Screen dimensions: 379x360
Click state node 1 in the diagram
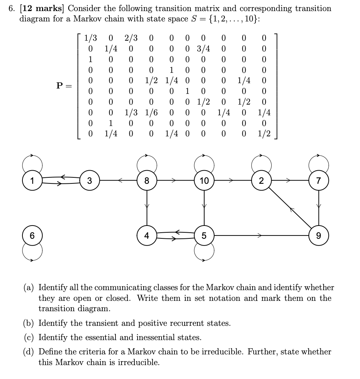[32, 181]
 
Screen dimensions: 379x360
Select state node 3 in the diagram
[89, 181]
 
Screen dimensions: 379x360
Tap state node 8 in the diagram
[147, 181]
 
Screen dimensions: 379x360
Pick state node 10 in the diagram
[204, 181]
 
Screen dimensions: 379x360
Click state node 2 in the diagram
[261, 181]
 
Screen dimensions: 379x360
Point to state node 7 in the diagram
[319, 181]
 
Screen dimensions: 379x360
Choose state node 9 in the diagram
[319, 236]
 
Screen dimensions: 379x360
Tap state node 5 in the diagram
[204, 236]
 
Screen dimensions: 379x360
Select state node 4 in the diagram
[147, 236]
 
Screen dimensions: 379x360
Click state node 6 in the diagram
[32, 236]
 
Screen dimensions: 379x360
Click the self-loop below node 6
[32, 253]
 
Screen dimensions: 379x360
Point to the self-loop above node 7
[319, 163]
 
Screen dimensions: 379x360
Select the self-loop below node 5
[204, 253]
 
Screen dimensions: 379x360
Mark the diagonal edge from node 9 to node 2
[290, 209]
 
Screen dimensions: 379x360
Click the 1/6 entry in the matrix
[152, 113]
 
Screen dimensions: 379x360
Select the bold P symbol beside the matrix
[60, 86]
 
